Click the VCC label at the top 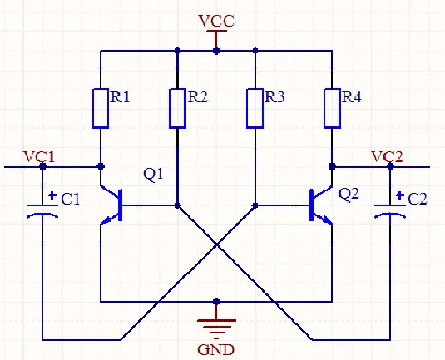pos(216,21)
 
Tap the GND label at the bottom pos(215,350)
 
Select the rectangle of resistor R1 pos(101,108)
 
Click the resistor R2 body pos(178,108)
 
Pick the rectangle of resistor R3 pos(255,108)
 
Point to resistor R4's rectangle pos(332,108)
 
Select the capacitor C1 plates pos(42,211)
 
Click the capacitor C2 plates pos(390,211)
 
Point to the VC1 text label pos(38,157)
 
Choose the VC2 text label pos(387,157)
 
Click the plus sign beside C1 pos(52,195)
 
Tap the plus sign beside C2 pos(400,195)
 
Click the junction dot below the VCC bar pos(216,51)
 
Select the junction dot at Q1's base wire pos(178,205)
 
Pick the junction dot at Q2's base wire pos(255,205)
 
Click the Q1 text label pos(153,175)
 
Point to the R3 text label pos(274,97)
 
